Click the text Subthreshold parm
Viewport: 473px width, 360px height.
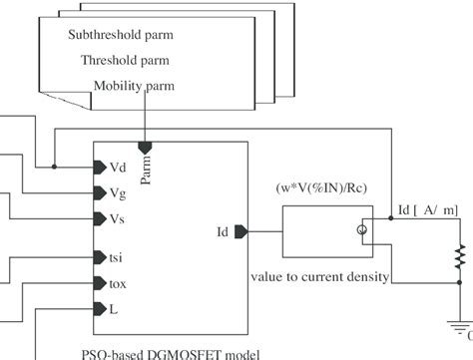coord(120,35)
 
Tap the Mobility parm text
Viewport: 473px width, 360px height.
coord(134,86)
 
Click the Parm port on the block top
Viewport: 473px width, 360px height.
coord(146,147)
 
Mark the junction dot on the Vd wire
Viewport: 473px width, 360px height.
coord(54,167)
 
